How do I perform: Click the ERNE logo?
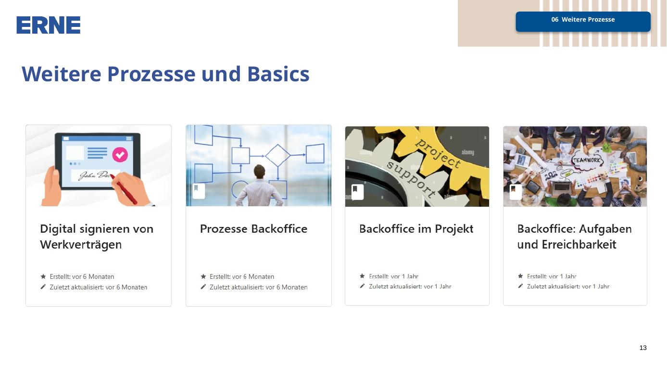point(48,25)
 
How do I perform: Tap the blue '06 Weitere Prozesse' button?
point(583,22)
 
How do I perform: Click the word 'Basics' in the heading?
point(278,74)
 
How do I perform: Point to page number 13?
point(643,348)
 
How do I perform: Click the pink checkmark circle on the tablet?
point(120,155)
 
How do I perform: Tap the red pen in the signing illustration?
point(125,189)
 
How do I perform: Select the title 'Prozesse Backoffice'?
point(253,229)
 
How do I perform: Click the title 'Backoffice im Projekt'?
point(416,229)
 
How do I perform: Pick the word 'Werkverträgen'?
point(81,245)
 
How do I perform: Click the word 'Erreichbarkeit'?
point(579,245)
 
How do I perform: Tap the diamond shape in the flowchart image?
point(277,155)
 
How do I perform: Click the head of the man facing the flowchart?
point(259,172)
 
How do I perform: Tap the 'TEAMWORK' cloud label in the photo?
point(587,161)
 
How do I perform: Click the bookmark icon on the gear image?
point(357,192)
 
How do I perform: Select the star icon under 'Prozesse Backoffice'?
point(203,276)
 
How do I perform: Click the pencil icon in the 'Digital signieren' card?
point(43,287)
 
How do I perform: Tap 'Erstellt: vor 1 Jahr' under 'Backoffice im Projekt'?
point(393,276)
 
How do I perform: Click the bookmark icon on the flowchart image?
point(198,191)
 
